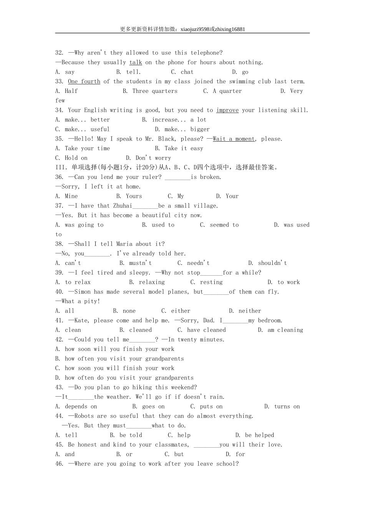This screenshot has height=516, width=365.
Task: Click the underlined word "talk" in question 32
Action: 136,62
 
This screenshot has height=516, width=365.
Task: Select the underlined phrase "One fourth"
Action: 84,81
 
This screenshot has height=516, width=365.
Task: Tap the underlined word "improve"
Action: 227,110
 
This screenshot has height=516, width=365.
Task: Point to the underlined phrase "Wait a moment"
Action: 234,139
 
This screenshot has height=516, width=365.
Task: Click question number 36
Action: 60,177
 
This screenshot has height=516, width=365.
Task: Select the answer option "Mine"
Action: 71,196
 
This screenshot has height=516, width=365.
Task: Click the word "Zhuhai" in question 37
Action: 123,206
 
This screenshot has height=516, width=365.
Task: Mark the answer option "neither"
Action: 250,311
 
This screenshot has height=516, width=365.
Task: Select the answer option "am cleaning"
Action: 285,330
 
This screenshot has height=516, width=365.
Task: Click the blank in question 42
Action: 142,340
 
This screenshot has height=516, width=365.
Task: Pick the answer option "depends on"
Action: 81,407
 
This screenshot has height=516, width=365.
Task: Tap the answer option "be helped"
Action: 259,435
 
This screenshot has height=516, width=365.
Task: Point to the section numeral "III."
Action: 61,167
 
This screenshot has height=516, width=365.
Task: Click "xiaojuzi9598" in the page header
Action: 195,29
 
